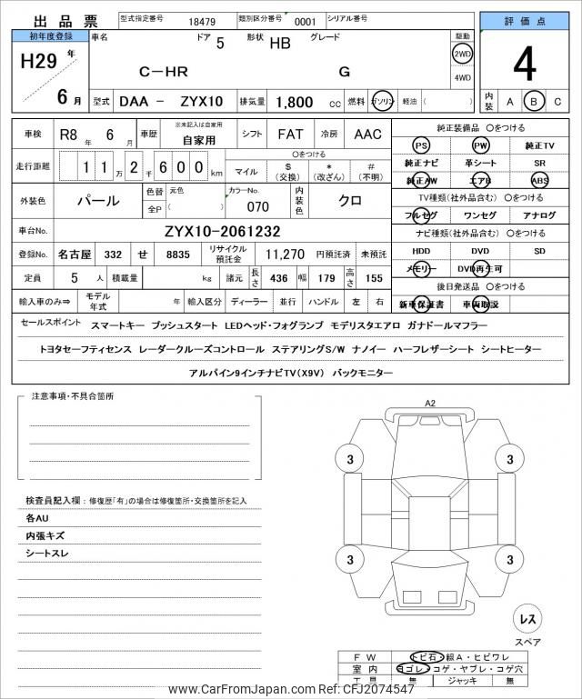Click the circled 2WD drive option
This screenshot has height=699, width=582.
point(463,53)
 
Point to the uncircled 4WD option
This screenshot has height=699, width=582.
point(463,78)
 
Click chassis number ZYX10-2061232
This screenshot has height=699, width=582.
point(223,231)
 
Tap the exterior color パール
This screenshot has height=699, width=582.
point(98,199)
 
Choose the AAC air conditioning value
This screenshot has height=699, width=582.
point(367,135)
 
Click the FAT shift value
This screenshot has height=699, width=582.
point(290,135)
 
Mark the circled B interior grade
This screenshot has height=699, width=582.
point(536,102)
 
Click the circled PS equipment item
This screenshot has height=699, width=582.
point(421,145)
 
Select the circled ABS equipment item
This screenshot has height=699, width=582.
point(540,180)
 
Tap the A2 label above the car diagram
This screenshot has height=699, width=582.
point(430,403)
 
